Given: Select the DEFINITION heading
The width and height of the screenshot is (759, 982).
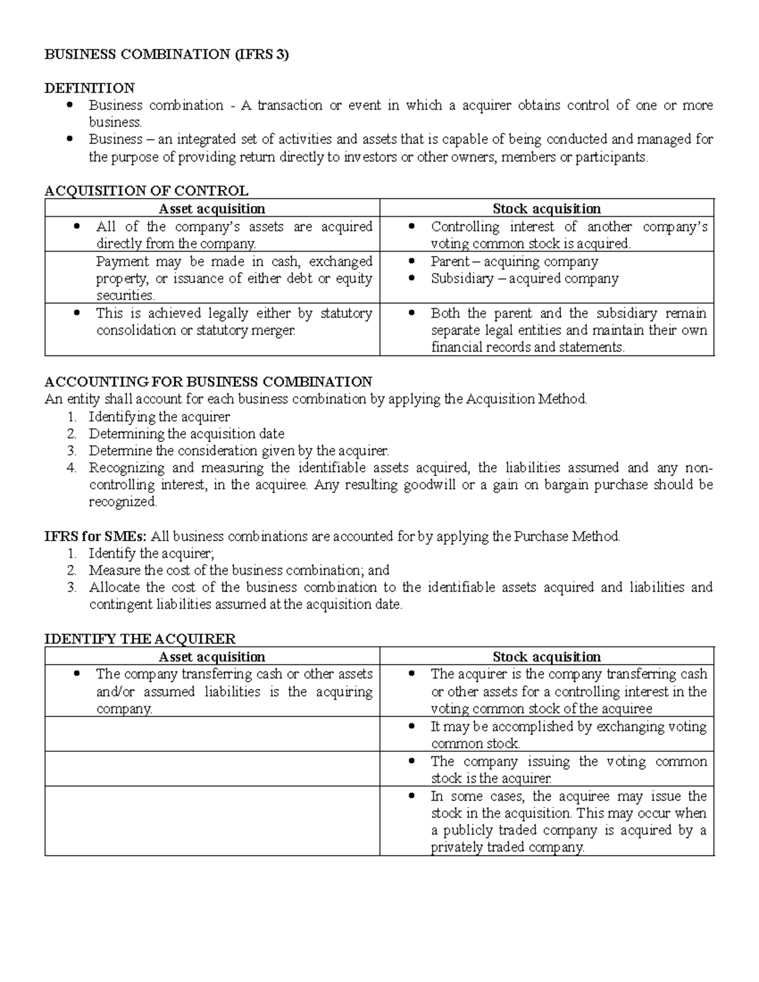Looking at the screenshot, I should point(89,88).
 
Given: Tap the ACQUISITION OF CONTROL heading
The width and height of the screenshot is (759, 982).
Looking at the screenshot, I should point(146,191).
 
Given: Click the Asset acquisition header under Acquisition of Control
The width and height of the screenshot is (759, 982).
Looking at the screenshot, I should point(212,209).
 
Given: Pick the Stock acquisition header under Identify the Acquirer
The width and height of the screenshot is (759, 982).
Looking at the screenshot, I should point(546,657).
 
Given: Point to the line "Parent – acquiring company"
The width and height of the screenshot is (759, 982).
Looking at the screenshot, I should point(514,262).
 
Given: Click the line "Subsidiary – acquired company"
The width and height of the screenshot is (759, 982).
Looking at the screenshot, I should point(524,279).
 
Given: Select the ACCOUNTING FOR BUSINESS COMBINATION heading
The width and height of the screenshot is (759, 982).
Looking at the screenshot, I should point(208,382).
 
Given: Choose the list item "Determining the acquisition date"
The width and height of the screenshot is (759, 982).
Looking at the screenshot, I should point(187,434).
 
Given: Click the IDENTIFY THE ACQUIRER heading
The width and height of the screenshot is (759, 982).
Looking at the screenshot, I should point(140,639).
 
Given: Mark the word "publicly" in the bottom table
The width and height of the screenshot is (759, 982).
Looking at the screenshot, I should point(468,831).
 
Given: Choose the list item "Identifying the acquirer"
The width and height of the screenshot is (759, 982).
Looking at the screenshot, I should point(159,417).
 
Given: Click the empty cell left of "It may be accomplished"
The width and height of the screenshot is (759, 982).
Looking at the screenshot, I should point(212,734).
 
